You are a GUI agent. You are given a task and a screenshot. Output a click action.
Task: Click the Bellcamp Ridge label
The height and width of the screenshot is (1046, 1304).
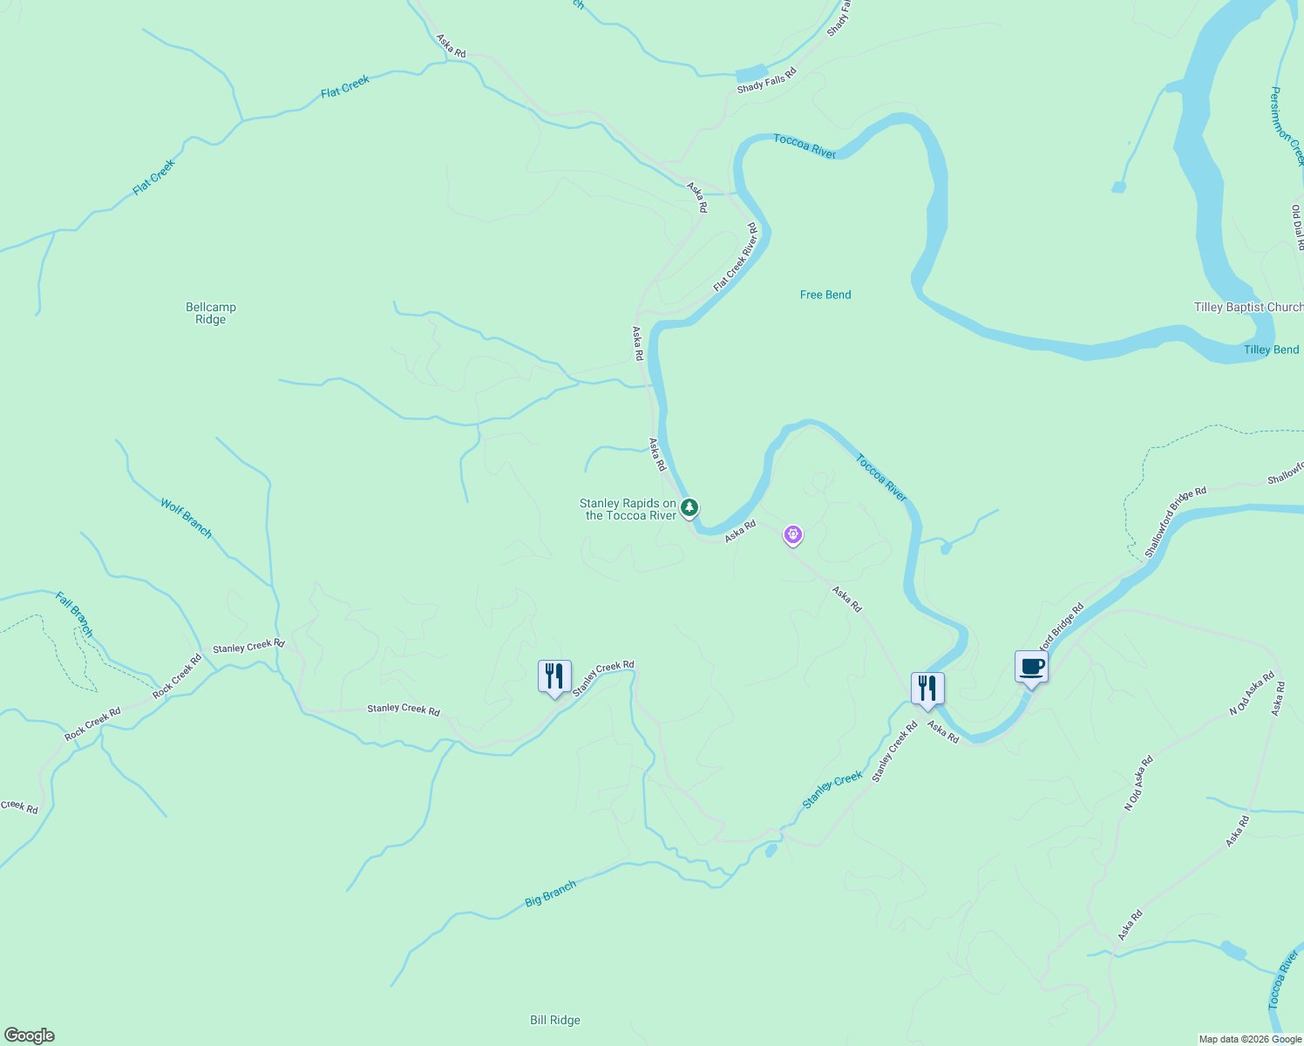(211, 313)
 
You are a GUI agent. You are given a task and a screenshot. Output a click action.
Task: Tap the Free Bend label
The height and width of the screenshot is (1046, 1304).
(825, 295)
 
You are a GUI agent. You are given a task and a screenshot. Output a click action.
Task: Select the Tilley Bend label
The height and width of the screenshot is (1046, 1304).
(1271, 350)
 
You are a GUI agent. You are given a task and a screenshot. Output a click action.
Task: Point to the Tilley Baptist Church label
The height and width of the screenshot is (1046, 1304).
(1247, 307)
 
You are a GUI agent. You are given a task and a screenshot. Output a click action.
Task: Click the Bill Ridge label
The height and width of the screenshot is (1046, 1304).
(554, 1020)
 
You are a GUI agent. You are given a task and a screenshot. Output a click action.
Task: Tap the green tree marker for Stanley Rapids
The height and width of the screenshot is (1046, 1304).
(689, 507)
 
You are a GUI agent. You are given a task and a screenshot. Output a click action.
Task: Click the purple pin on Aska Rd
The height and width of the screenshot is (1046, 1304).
(792, 534)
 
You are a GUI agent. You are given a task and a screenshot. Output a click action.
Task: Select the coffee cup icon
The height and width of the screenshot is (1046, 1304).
(1031, 668)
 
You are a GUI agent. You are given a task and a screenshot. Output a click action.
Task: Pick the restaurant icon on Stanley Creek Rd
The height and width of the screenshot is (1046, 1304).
(554, 677)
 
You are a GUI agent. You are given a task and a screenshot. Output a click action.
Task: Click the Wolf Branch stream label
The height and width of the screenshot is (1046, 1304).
(186, 518)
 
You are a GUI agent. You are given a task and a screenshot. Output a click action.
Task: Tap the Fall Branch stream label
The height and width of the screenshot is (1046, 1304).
(74, 614)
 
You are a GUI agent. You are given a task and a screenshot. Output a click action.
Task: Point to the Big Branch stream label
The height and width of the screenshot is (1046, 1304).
(550, 894)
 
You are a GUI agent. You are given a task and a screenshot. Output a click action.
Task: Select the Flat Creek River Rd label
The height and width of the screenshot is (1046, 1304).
(735, 258)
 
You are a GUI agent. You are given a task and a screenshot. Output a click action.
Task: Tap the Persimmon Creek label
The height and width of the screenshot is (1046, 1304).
(1287, 126)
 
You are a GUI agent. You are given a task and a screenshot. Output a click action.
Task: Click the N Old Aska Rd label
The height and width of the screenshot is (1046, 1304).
(1138, 784)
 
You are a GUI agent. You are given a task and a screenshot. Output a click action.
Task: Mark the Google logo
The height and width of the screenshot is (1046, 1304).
(30, 1036)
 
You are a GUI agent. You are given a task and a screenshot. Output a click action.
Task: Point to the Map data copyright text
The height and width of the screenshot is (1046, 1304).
(1250, 1039)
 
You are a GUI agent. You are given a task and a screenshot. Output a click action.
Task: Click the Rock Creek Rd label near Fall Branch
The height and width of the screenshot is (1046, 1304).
(177, 676)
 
